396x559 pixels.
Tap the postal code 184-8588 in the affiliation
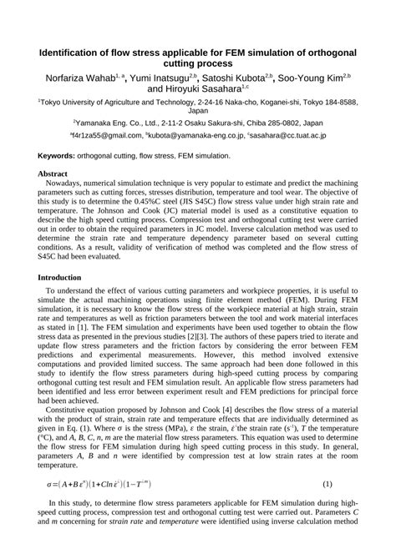tap(338, 102)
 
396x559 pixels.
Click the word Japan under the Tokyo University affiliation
tap(198, 110)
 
